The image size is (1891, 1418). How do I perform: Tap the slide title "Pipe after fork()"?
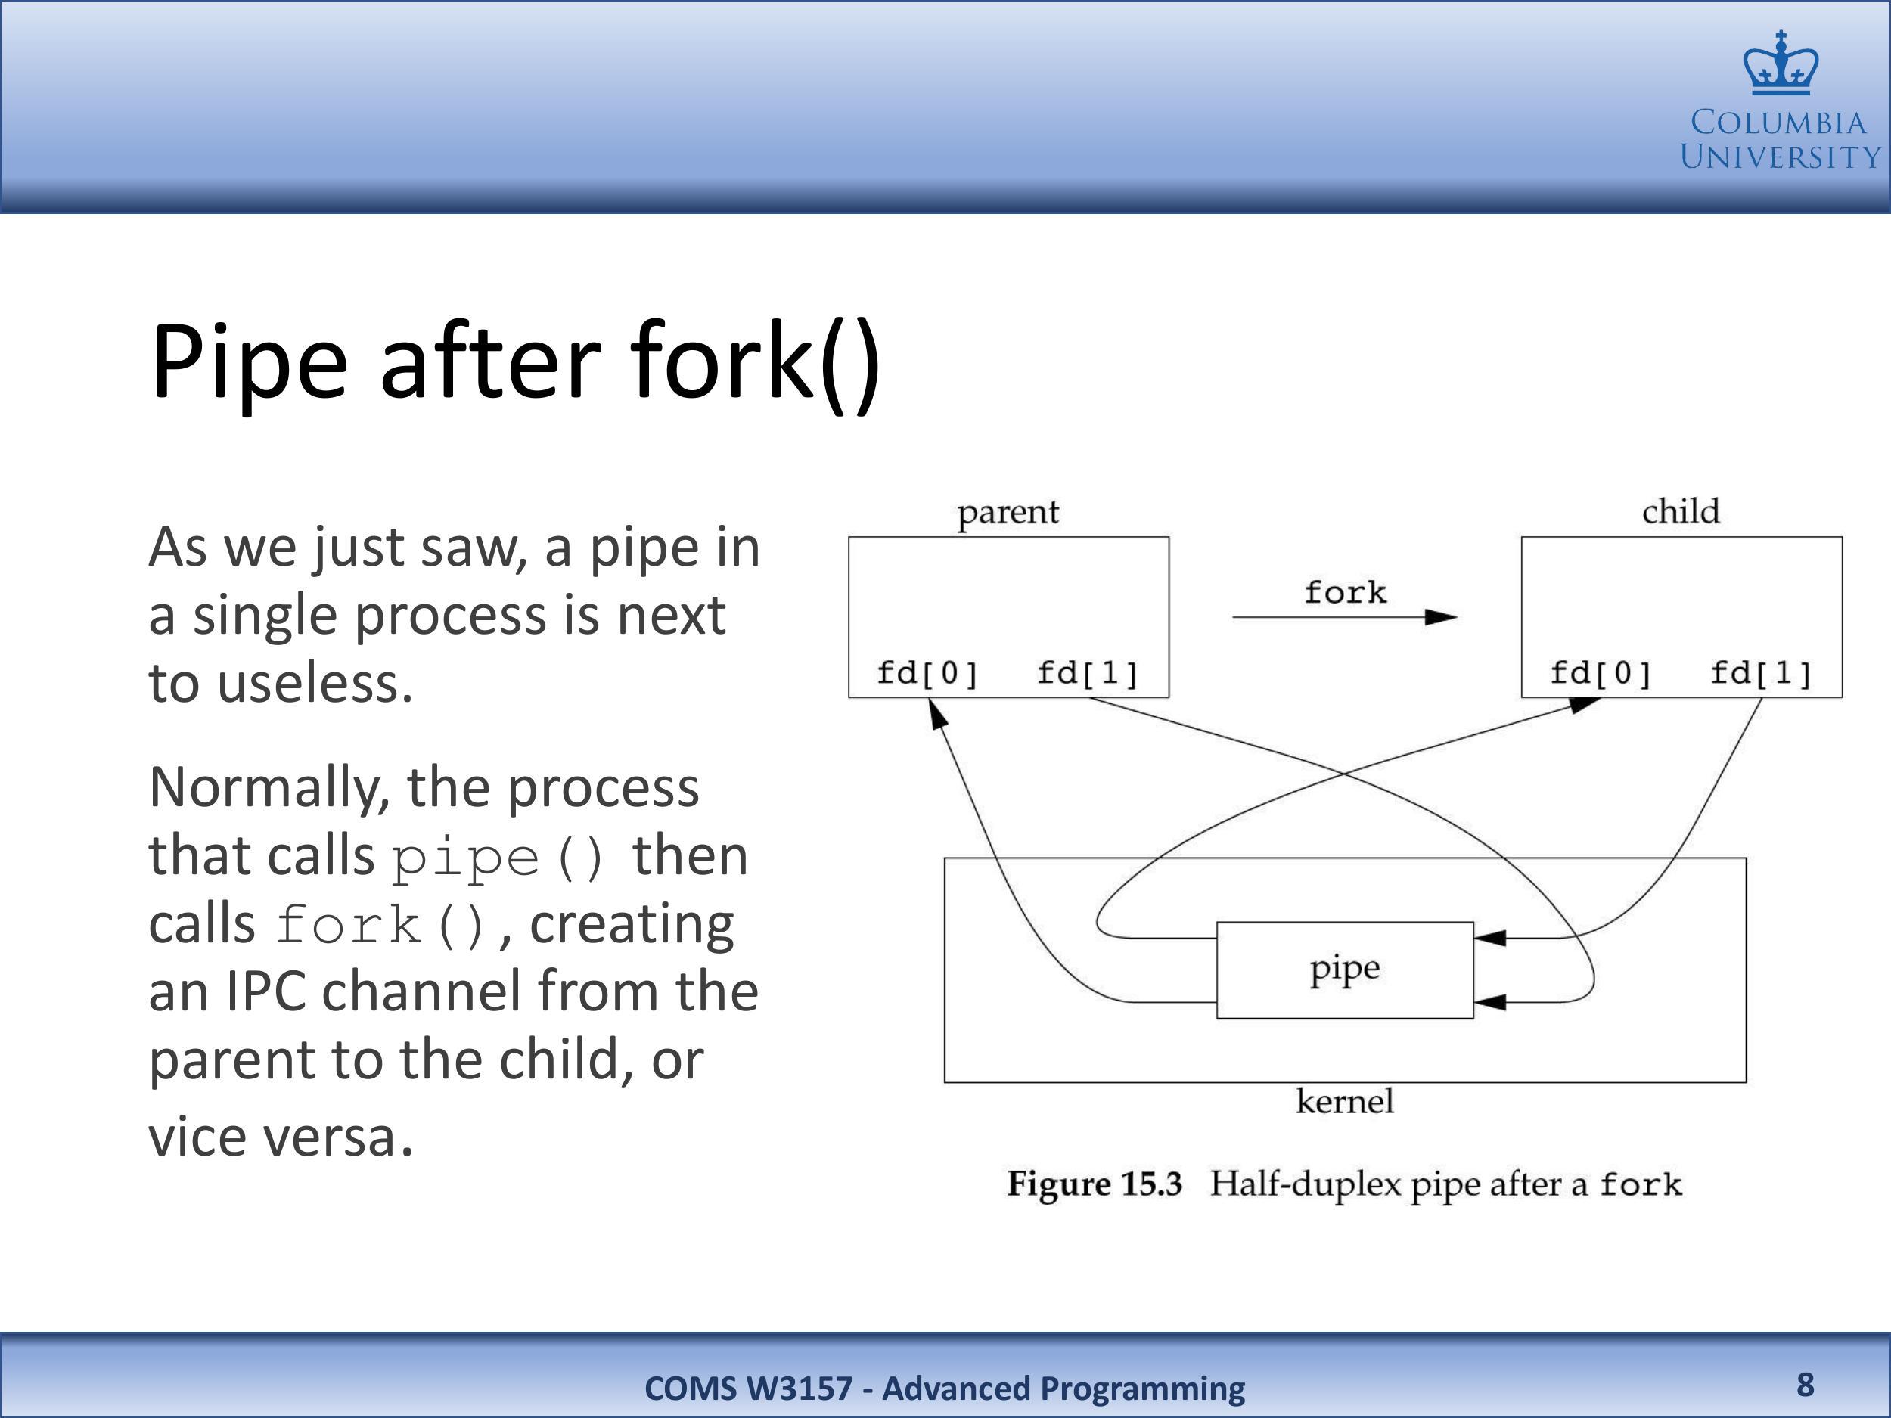point(516,362)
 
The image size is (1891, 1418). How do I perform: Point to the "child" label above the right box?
point(1681,511)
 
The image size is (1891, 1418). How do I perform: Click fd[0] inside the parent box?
point(927,674)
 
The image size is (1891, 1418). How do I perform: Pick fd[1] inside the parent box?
point(1088,674)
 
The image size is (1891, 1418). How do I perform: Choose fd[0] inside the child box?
point(1601,674)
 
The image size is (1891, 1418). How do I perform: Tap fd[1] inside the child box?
point(1761,674)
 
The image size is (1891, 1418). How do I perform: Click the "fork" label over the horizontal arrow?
point(1346,591)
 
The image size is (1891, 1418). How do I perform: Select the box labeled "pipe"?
point(1345,970)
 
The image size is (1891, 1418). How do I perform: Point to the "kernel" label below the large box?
point(1345,1101)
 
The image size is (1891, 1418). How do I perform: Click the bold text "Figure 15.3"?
point(1095,1184)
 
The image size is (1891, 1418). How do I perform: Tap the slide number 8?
point(1805,1384)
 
